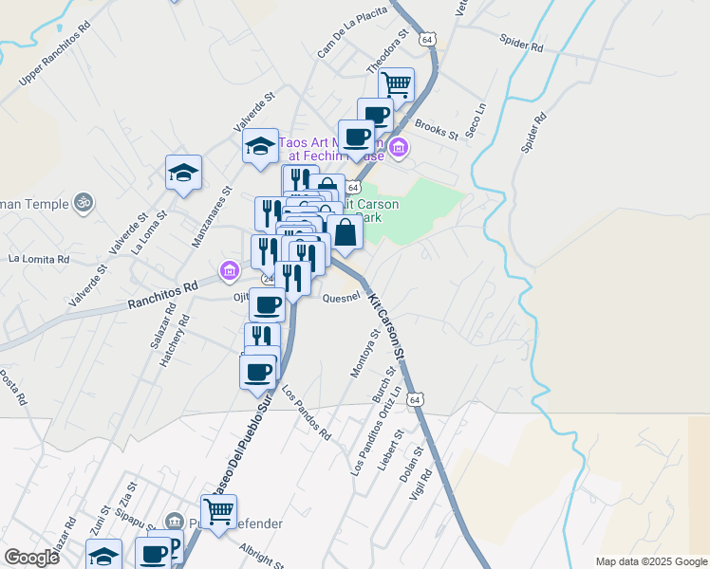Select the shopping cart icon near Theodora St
(397, 84)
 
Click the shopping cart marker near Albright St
(219, 511)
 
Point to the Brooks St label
(437, 130)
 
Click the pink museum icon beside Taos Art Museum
(400, 147)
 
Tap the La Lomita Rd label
(39, 258)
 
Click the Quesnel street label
(342, 297)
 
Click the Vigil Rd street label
(421, 484)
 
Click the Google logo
(32, 558)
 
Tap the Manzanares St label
(212, 216)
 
